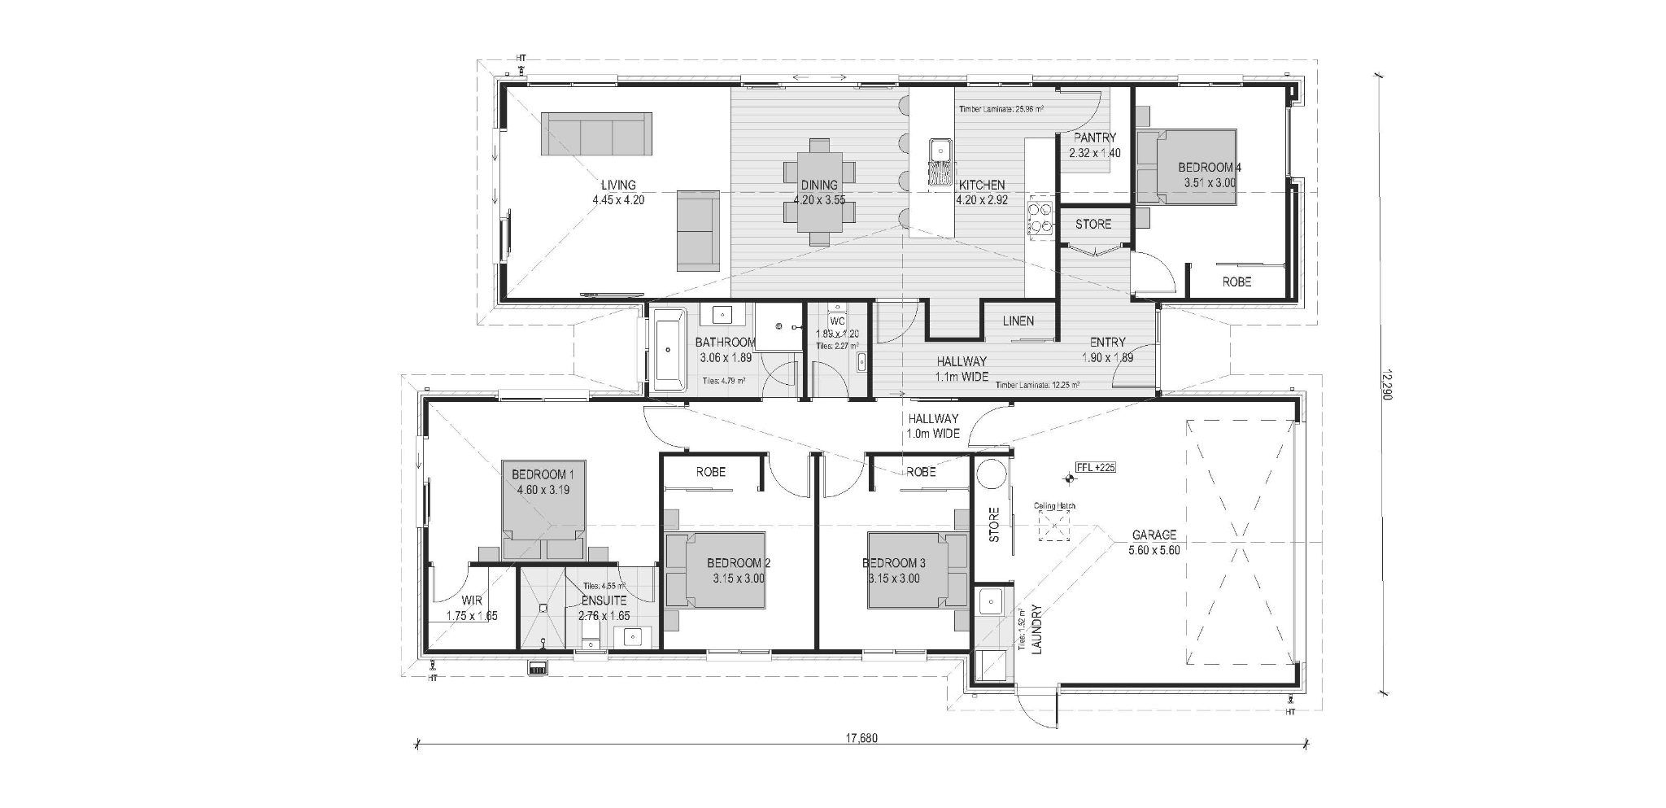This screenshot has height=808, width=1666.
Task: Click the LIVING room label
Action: pos(618,185)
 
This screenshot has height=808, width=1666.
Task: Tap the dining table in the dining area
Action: pos(819,192)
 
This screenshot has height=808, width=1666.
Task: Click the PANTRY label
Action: pos(1094,138)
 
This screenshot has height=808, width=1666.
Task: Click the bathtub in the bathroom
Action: pos(668,351)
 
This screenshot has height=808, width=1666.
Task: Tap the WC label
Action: pos(838,321)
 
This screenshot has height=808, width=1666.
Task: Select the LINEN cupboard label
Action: pos(1018,321)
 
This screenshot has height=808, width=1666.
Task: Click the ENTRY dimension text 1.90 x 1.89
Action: pos(1107,357)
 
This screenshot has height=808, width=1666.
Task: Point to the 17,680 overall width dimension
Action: pos(861,740)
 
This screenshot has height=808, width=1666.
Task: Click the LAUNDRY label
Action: pos(1036,628)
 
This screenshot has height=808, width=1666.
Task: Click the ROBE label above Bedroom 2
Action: pos(711,472)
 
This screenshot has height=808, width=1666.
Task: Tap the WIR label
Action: pos(471,601)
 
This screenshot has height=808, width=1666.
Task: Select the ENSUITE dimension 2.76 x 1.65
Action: pos(604,616)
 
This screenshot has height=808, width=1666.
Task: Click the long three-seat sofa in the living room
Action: pos(596,134)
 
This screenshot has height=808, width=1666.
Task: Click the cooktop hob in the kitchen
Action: pos(1040,221)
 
